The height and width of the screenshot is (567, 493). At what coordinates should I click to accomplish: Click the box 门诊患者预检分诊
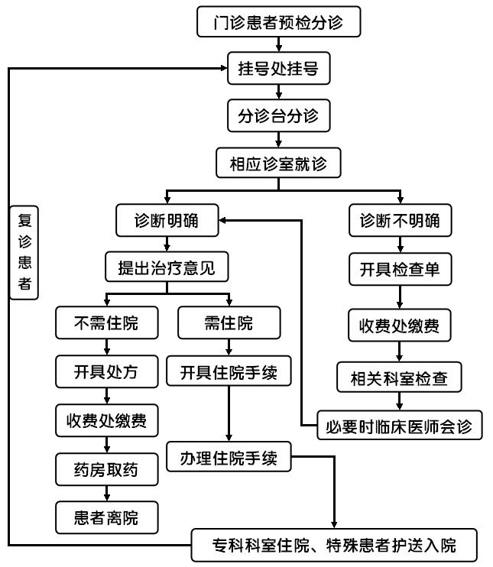tap(279, 22)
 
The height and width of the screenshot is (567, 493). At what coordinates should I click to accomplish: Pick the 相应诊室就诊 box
tap(279, 163)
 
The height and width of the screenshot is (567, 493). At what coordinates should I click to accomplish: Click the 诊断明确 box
tap(166, 221)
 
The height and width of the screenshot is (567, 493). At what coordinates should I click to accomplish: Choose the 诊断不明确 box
tap(400, 221)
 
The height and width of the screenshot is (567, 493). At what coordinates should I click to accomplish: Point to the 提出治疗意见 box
tap(167, 268)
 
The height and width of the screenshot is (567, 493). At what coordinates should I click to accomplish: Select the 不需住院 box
tap(107, 323)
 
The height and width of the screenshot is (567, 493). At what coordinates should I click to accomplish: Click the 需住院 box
tap(225, 323)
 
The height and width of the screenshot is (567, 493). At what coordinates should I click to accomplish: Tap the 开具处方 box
tap(107, 373)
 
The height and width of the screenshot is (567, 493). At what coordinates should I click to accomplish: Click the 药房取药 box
tap(107, 469)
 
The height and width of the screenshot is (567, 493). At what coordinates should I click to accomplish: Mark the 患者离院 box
tap(107, 517)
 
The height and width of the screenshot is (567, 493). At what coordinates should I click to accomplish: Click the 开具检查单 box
tap(400, 269)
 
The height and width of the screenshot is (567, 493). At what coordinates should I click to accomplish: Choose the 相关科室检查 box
tap(400, 377)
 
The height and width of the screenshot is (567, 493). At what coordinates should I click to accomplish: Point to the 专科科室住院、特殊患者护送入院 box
tap(334, 546)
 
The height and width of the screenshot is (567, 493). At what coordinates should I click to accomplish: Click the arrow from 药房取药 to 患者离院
tap(107, 494)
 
